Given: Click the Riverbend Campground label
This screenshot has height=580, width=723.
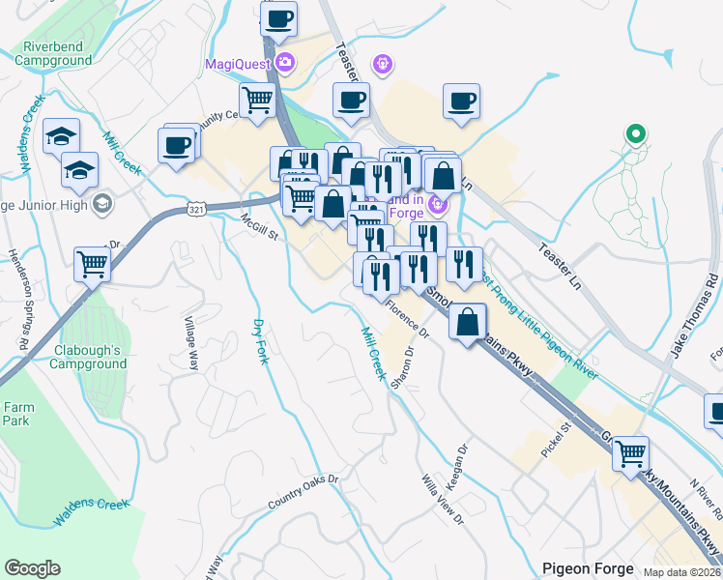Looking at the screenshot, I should pos(53,52).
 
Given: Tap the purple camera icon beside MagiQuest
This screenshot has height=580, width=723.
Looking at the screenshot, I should pos(284,64).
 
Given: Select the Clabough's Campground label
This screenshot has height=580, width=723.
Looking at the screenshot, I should pos(84,357).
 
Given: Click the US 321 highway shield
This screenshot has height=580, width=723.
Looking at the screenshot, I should pos(197,209).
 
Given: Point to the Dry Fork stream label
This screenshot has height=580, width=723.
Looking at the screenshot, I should pos(261,341).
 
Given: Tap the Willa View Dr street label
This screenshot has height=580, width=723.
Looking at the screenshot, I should pos(443,500).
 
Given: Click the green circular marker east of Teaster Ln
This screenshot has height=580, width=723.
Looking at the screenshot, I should pos(635,133).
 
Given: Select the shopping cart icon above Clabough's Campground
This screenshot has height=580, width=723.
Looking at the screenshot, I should pos(93,263).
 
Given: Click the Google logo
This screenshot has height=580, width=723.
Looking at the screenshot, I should pos(32,568).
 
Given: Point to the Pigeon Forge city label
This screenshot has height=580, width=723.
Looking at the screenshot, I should pos(588,568).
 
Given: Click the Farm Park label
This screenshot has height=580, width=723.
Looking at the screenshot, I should pos(15,414).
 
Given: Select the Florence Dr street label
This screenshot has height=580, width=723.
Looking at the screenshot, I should pos(407,319).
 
